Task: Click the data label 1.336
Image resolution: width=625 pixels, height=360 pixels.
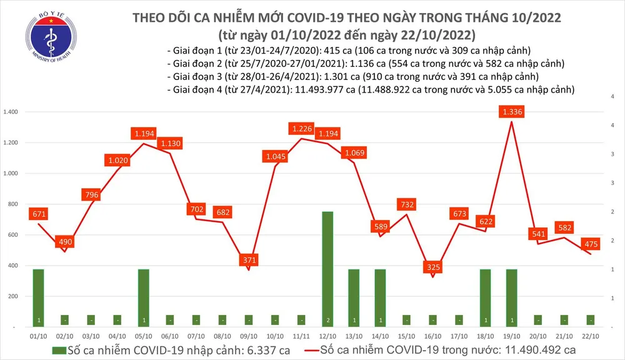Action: coord(511,112)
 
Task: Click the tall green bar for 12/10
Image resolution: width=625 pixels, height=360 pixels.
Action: coord(327,269)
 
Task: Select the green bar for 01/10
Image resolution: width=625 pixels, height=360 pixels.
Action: coord(38,297)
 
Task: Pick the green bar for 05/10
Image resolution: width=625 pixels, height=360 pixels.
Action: coord(143,297)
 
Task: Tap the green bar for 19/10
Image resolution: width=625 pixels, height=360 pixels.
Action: coord(511,297)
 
